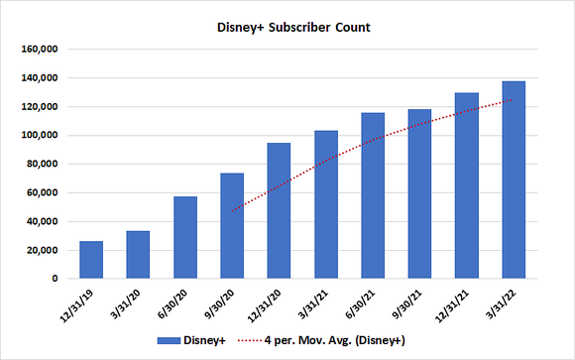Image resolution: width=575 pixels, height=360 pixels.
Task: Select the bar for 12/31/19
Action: tap(91, 260)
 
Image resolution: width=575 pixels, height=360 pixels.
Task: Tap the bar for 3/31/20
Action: tap(138, 255)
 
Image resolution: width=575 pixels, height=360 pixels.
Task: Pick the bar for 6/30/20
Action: tap(185, 238)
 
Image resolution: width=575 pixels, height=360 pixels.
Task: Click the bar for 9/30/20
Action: tap(232, 226)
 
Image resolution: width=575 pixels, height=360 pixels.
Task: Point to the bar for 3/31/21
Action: tap(326, 205)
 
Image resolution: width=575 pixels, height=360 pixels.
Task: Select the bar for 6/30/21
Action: tap(373, 196)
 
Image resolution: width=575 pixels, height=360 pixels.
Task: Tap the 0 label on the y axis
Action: tap(58, 280)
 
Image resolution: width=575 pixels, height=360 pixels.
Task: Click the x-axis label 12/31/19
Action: tap(81, 301)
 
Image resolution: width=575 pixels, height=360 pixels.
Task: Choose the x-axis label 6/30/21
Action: tap(363, 301)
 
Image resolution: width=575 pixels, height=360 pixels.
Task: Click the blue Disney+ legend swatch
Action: tap(177, 340)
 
